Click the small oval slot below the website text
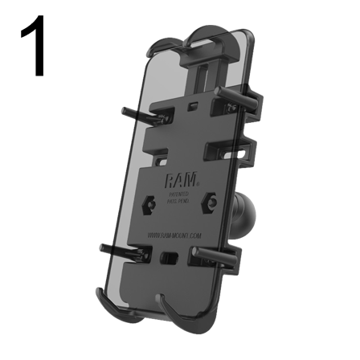click(168, 258)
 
